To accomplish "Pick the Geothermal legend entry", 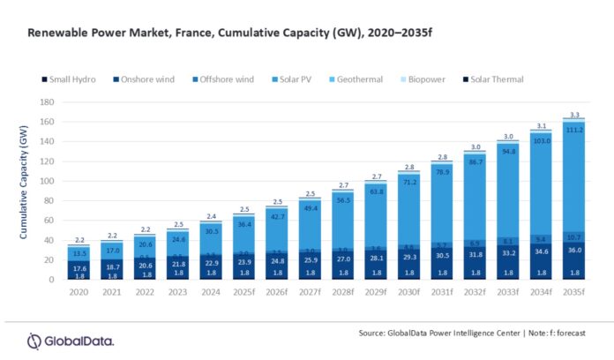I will [356, 79].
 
